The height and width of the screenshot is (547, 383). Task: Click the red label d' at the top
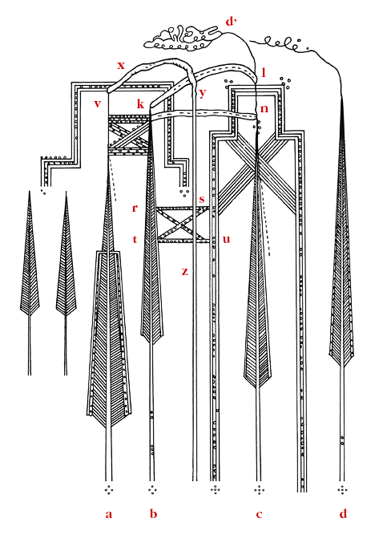tap(231, 22)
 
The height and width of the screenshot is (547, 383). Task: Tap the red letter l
tap(263, 73)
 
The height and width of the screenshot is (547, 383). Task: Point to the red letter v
tap(97, 104)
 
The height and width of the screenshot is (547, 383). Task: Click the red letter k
tap(139, 104)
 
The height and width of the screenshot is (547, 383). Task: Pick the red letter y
tap(202, 93)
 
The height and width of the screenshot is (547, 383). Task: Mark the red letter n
tap(263, 107)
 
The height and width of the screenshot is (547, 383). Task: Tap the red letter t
tap(135, 239)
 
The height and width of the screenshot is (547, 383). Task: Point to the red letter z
tap(184, 271)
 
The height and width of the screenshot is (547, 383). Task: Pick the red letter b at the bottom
tap(153, 514)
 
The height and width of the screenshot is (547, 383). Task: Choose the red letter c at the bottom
tap(259, 514)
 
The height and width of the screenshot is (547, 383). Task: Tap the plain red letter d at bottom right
tap(343, 514)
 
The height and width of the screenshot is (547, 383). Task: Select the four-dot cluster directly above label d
tap(343, 489)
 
